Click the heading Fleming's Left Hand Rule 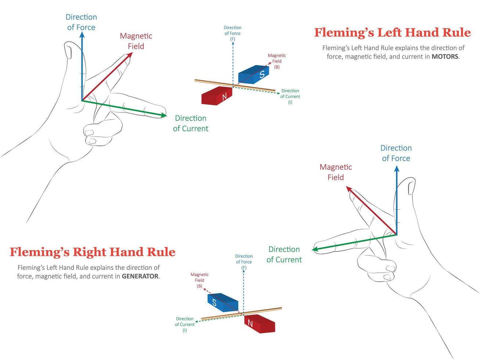pos(392,33)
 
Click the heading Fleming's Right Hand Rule pos(92,252)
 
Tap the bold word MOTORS pos(445,57)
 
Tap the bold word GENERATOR pos(140,276)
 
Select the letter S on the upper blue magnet pos(262,74)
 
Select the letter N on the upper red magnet pos(224,97)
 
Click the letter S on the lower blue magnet pos(214,303)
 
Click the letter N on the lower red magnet pos(250,323)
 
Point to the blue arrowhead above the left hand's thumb pos(82,36)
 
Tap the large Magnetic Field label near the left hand pos(136,41)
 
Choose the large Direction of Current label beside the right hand pos(284,255)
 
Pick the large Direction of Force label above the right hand pos(396,153)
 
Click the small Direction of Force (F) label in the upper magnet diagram pos(232,33)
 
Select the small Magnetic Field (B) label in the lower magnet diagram pos(199,280)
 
